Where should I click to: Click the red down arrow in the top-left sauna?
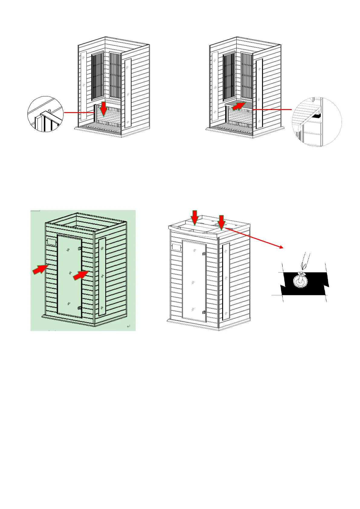(x=104, y=109)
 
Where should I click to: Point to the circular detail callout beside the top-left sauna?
(x=45, y=114)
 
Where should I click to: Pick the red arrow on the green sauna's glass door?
(x=81, y=275)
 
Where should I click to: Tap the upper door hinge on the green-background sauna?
(x=79, y=248)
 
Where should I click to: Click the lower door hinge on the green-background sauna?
(x=79, y=308)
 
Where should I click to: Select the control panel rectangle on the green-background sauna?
(x=51, y=242)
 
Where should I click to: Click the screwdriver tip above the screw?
(x=303, y=267)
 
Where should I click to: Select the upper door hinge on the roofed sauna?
(x=204, y=254)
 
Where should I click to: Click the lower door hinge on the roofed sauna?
(x=204, y=312)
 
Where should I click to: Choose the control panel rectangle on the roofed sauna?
(x=176, y=247)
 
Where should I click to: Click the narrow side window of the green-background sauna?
(x=102, y=277)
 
